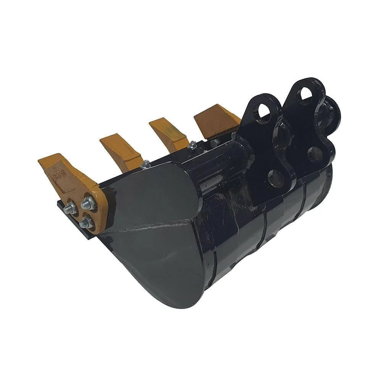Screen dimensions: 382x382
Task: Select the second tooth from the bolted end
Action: point(120,151)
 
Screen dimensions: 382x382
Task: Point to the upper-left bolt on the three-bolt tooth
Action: point(71,209)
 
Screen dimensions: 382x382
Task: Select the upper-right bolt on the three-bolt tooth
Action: point(88,204)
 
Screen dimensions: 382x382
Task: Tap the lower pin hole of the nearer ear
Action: point(276,178)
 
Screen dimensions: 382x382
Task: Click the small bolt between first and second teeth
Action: point(145,164)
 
